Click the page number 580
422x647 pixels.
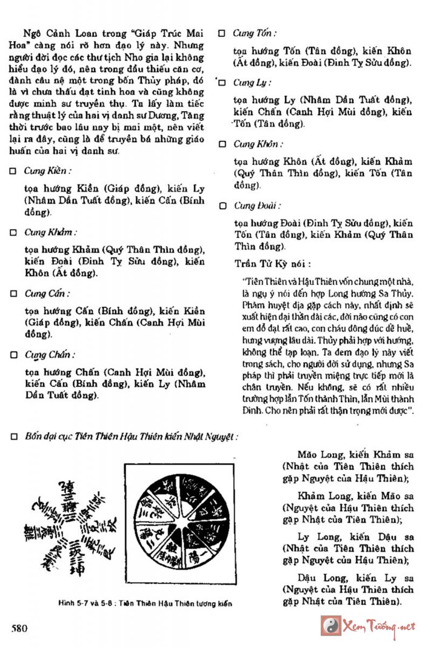tap(19, 628)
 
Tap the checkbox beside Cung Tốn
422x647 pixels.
tap(222, 33)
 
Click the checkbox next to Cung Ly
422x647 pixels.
tap(222, 82)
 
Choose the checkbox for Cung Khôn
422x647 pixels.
tap(222, 144)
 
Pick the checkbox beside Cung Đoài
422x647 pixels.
tap(222, 206)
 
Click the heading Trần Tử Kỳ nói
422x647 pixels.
tap(273, 264)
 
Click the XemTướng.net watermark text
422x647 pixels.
tap(379, 626)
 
